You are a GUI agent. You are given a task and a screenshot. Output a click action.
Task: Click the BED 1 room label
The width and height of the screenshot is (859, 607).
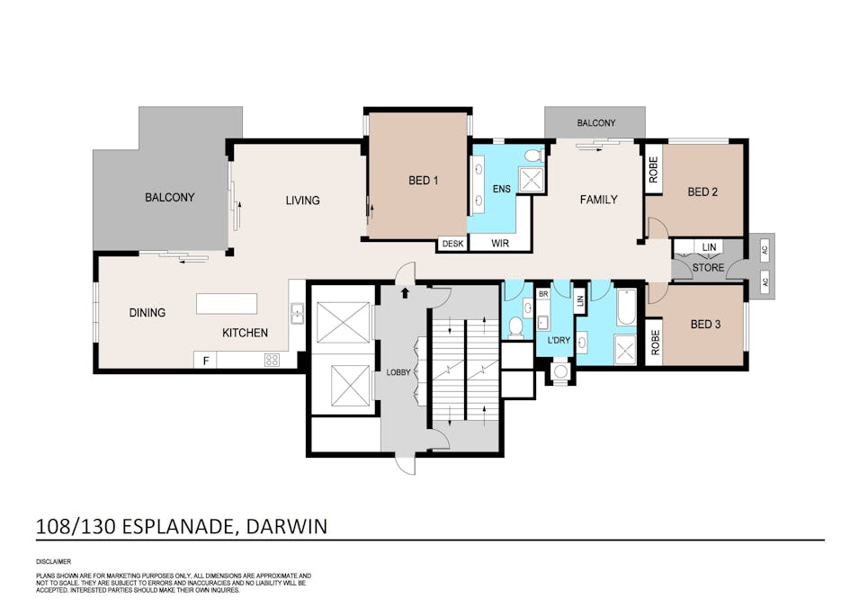click(x=423, y=180)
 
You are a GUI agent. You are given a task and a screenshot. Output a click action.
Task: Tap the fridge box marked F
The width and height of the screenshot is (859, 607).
click(x=205, y=360)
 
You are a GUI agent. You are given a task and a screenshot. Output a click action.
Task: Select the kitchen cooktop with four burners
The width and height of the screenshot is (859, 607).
click(x=272, y=360)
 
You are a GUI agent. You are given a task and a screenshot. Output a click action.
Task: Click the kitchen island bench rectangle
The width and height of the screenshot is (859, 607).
click(x=227, y=304)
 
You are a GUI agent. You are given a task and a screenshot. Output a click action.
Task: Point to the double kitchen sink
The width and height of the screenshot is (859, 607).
click(x=297, y=314)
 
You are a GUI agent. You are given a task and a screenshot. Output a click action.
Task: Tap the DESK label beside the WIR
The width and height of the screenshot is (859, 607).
click(x=452, y=244)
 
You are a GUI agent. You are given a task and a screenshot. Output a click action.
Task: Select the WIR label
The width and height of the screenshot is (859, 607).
click(x=499, y=243)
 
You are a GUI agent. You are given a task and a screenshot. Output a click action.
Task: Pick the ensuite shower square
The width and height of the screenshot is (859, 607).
click(x=531, y=181)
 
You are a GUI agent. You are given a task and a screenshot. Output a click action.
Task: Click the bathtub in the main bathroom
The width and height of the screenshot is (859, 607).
click(x=625, y=308)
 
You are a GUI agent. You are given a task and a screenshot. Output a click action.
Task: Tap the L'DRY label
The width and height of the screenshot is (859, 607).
click(x=559, y=340)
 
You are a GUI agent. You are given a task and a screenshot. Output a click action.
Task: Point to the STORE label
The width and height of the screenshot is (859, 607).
click(x=708, y=268)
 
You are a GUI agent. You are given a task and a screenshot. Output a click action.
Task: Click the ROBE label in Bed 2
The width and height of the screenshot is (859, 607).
click(x=653, y=170)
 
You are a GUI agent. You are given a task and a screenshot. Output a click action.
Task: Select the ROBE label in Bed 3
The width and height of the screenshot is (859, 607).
click(x=655, y=343)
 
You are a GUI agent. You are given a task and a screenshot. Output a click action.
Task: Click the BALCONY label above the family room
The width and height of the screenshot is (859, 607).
click(x=596, y=122)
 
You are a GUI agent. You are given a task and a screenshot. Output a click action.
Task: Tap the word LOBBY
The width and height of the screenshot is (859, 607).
click(x=398, y=372)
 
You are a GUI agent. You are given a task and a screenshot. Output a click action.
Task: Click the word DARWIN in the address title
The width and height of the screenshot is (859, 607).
click(x=287, y=526)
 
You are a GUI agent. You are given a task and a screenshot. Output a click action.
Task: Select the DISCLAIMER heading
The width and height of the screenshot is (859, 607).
click(x=54, y=561)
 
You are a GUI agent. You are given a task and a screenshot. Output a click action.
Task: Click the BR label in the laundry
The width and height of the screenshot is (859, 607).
click(x=543, y=294)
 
